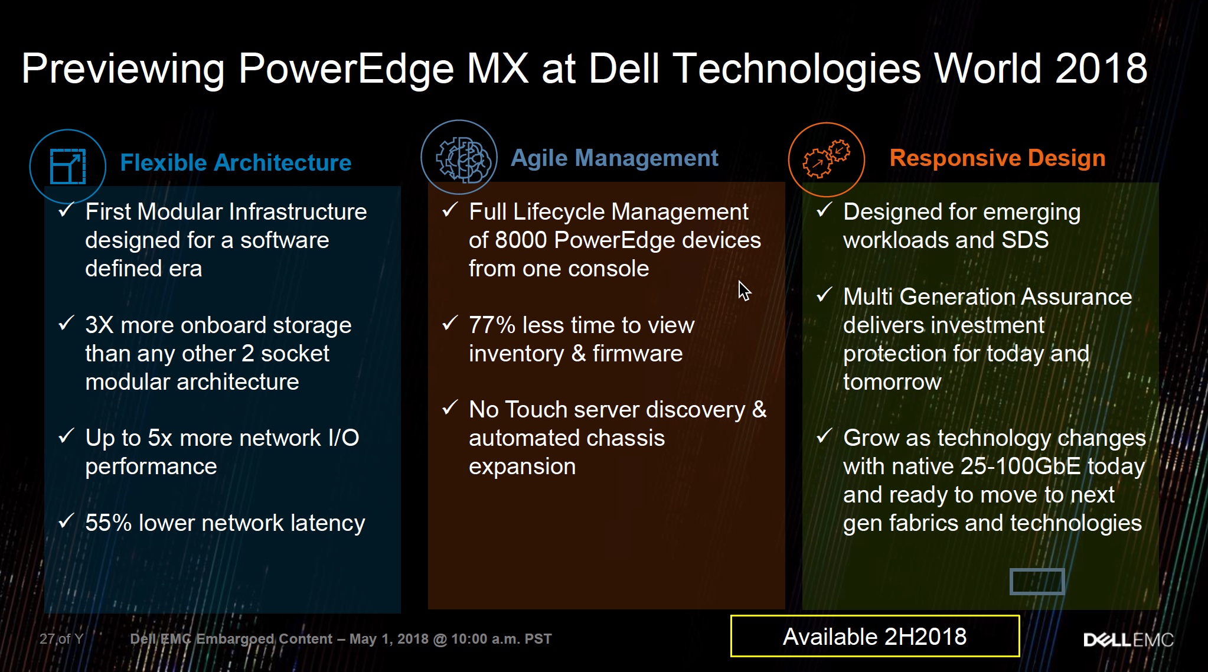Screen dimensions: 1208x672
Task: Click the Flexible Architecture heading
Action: [236, 162]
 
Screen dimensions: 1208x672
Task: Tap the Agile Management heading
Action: [614, 158]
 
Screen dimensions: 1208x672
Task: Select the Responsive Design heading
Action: [997, 158]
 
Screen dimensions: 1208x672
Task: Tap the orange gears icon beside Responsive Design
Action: [827, 159]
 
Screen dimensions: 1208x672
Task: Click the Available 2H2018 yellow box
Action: [875, 636]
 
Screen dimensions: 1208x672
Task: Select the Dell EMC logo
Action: [1128, 640]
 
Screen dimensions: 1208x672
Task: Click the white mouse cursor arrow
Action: [744, 291]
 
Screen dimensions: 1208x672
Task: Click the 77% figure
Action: [492, 325]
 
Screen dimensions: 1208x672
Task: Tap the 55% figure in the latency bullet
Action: [109, 523]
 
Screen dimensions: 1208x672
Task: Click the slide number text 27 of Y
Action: [61, 639]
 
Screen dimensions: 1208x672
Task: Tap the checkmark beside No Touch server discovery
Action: [450, 407]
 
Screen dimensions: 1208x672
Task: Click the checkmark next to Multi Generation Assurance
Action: [824, 294]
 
